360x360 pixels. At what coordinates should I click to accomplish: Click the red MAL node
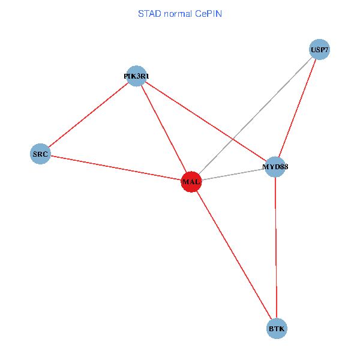tap(191, 182)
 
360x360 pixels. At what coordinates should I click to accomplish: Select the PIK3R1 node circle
tap(137, 76)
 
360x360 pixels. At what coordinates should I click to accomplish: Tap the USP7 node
tap(319, 50)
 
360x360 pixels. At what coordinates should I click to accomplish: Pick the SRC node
tap(40, 154)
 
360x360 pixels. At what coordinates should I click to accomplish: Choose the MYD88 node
tap(275, 166)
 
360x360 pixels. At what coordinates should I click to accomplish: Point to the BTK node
tap(277, 329)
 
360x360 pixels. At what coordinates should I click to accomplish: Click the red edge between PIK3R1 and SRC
tap(89, 115)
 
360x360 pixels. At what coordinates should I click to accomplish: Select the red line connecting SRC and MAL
tap(115, 168)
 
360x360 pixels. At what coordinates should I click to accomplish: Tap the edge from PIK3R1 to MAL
tap(164, 129)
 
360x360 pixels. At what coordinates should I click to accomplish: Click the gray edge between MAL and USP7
tap(264, 107)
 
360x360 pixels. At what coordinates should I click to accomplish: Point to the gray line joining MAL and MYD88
tap(233, 174)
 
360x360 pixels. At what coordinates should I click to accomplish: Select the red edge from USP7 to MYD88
tap(297, 108)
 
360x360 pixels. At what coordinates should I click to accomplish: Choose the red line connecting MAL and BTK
tap(234, 256)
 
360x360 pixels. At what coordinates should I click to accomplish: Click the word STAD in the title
tap(148, 13)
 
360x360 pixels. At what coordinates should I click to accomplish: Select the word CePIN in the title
tap(208, 13)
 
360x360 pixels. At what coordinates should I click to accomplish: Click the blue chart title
tap(180, 13)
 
